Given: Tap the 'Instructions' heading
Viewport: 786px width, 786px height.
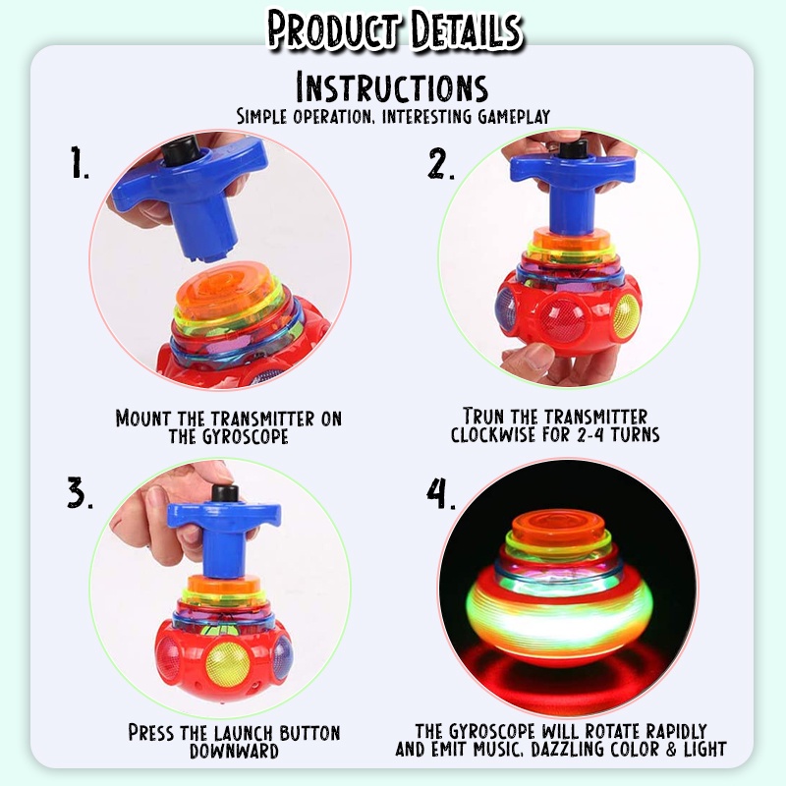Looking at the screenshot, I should [392, 87].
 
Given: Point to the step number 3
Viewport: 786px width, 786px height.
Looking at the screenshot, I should [79, 493].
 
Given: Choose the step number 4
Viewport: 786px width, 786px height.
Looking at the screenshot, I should [441, 493].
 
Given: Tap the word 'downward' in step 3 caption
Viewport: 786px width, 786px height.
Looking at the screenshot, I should [234, 752].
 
